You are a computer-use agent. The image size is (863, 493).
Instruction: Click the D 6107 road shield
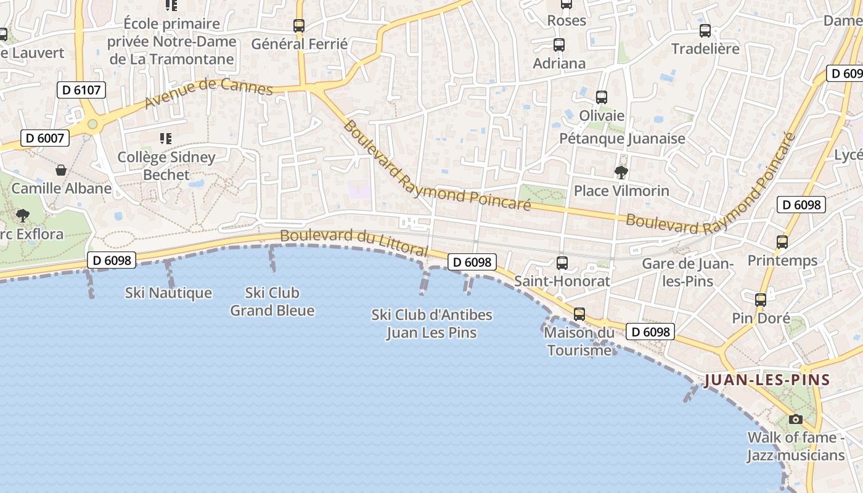(x=81, y=90)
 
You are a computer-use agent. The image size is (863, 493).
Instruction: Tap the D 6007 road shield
(x=45, y=138)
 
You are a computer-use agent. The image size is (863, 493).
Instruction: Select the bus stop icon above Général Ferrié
(x=299, y=25)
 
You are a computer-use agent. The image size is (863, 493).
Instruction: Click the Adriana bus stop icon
(x=559, y=44)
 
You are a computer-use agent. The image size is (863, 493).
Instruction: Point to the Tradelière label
(x=705, y=49)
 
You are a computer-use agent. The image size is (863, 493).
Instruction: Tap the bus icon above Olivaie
(x=602, y=97)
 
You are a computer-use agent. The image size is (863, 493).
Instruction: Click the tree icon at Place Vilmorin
(x=621, y=172)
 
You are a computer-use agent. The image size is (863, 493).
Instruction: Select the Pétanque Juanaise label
(x=622, y=138)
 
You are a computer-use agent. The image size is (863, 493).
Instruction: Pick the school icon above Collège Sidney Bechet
(x=165, y=138)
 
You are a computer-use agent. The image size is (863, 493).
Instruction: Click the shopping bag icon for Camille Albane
(x=61, y=169)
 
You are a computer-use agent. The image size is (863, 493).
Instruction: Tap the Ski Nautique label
(x=168, y=293)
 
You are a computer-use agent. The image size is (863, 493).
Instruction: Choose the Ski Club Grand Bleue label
(x=272, y=301)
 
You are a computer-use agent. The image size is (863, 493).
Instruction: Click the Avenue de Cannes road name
(x=208, y=92)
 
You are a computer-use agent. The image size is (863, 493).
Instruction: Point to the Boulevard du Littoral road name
(x=354, y=242)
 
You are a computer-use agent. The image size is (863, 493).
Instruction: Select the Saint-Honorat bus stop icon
(x=562, y=263)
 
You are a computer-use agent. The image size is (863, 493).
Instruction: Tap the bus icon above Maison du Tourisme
(x=579, y=314)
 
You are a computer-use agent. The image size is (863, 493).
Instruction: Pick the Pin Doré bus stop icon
(x=761, y=300)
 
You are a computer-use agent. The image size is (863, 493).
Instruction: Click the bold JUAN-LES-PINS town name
(x=767, y=380)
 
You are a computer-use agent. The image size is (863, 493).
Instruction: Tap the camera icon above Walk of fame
(x=796, y=419)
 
